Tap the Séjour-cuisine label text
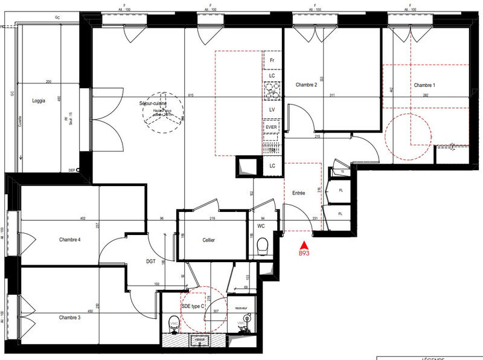click(153, 104)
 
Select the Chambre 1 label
click(424, 85)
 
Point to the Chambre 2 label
click(306, 85)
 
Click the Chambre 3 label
click(69, 317)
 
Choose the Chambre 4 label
click(70, 240)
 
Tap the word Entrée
click(298, 193)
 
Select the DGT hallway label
click(152, 262)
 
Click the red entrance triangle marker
click(305, 245)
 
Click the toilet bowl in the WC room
click(262, 246)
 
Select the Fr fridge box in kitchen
click(272, 60)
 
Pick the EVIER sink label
click(272, 127)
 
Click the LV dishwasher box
click(272, 109)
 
